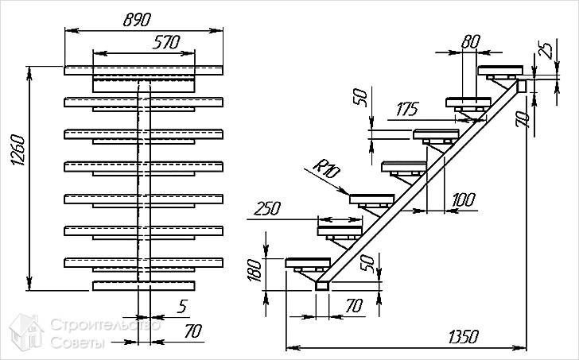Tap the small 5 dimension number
tap(183, 304)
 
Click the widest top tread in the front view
tap(143, 70)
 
